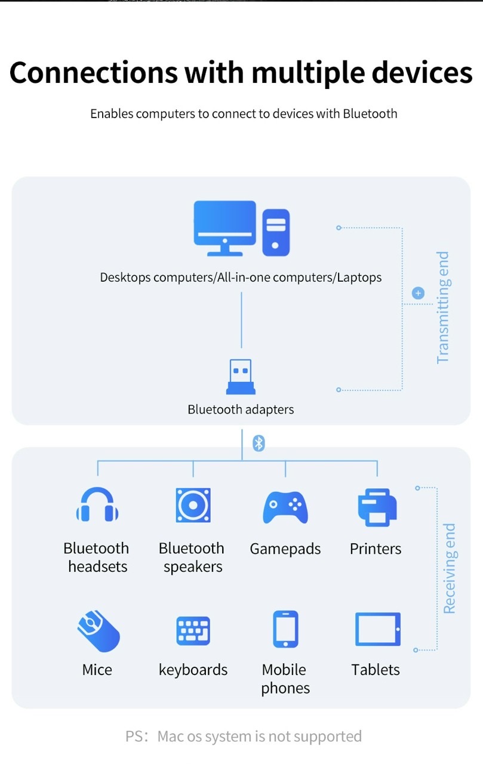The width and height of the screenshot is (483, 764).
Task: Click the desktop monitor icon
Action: pos(225,228)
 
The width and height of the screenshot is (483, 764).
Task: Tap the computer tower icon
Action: pos(276,233)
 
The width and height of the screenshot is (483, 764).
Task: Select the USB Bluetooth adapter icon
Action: pos(241,377)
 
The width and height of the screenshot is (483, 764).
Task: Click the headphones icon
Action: pos(97,504)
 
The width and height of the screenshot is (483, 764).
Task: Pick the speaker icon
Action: pos(193,505)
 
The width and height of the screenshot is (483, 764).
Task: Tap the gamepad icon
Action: pos(285,507)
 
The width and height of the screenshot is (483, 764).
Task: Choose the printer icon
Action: pos(377,507)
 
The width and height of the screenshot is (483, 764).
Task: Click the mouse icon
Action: pos(99,631)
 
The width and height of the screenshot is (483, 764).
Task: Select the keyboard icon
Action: pos(193,631)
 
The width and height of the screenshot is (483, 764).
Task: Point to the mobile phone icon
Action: pos(285,629)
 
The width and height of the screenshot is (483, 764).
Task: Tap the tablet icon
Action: pos(378,629)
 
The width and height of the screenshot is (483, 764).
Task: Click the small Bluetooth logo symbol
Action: pos(259,443)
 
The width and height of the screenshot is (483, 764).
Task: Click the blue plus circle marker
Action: pos(418,293)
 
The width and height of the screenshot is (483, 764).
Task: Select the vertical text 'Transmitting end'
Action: pos(444,307)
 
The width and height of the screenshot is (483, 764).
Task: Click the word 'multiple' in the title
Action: pos(308,73)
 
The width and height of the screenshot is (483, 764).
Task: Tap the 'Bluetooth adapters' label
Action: pos(241,409)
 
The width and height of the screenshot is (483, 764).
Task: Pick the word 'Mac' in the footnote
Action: pos(171,737)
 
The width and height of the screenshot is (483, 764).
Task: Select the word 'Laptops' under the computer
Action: pos(359,278)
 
